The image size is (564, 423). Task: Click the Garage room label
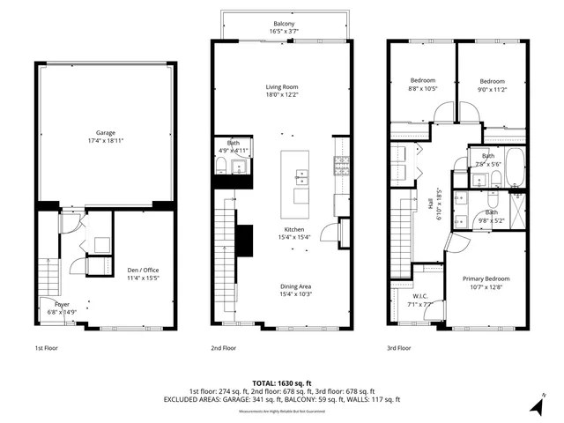click(106, 133)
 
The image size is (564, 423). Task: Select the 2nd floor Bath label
click(234, 143)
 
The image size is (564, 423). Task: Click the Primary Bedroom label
click(486, 278)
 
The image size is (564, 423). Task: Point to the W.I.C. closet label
click(419, 297)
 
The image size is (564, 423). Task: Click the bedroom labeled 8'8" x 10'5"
click(419, 80)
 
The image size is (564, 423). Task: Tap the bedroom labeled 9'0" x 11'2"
click(492, 80)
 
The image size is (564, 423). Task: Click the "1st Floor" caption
click(48, 348)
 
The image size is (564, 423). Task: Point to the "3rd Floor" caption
click(400, 348)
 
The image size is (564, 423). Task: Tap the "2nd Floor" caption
click(224, 348)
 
